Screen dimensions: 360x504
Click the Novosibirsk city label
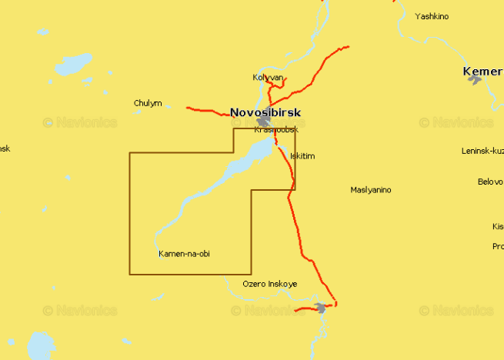265,113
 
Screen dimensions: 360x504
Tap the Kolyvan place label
269,78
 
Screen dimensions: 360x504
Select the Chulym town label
148,103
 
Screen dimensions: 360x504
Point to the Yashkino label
432,16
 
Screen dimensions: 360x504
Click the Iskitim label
302,156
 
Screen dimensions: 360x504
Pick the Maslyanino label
371,189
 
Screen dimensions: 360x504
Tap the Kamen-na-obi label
184,254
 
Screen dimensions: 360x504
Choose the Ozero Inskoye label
269,285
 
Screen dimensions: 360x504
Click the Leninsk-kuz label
482,151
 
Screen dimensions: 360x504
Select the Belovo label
490,182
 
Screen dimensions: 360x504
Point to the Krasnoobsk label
276,129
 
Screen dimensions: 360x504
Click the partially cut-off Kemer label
482,72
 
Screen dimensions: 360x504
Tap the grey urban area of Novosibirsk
265,122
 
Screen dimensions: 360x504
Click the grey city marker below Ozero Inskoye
321,308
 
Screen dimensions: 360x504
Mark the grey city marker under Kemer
474,79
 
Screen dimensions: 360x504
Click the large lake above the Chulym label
73,65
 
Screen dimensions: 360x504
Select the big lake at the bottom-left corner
40,345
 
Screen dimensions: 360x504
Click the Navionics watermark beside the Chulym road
80,122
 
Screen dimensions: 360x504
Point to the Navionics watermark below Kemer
457,122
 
